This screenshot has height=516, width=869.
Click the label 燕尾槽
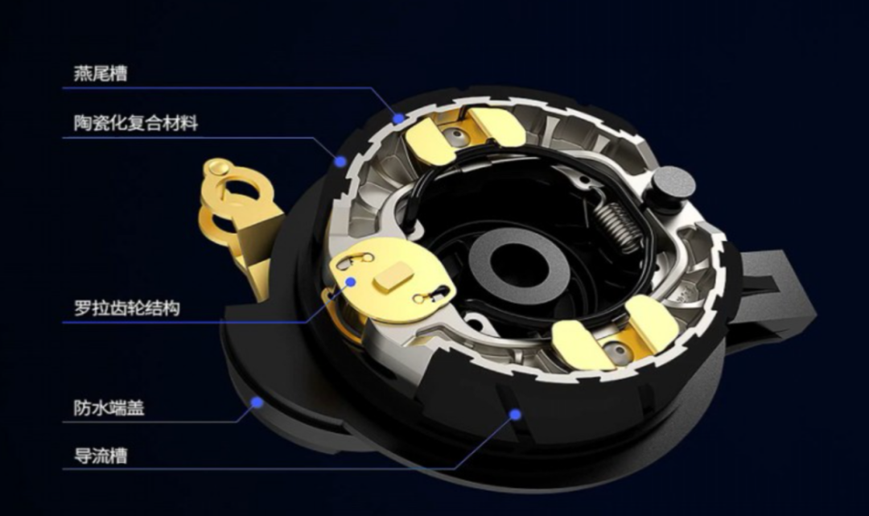click(101, 73)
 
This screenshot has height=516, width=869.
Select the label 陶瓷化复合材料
click(136, 122)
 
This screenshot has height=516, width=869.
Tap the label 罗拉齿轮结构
click(127, 308)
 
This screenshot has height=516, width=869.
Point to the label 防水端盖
click(109, 408)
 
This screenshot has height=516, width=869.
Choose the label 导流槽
click(101, 456)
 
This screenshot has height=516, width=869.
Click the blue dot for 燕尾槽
click(398, 118)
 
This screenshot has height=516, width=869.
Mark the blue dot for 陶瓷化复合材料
click(340, 161)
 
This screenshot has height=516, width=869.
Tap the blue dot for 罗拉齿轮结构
click(350, 282)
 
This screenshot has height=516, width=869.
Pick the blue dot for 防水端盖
click(257, 402)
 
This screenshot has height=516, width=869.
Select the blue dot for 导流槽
click(516, 414)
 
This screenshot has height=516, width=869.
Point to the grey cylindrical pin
click(673, 184)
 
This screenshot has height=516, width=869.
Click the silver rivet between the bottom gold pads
click(612, 350)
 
